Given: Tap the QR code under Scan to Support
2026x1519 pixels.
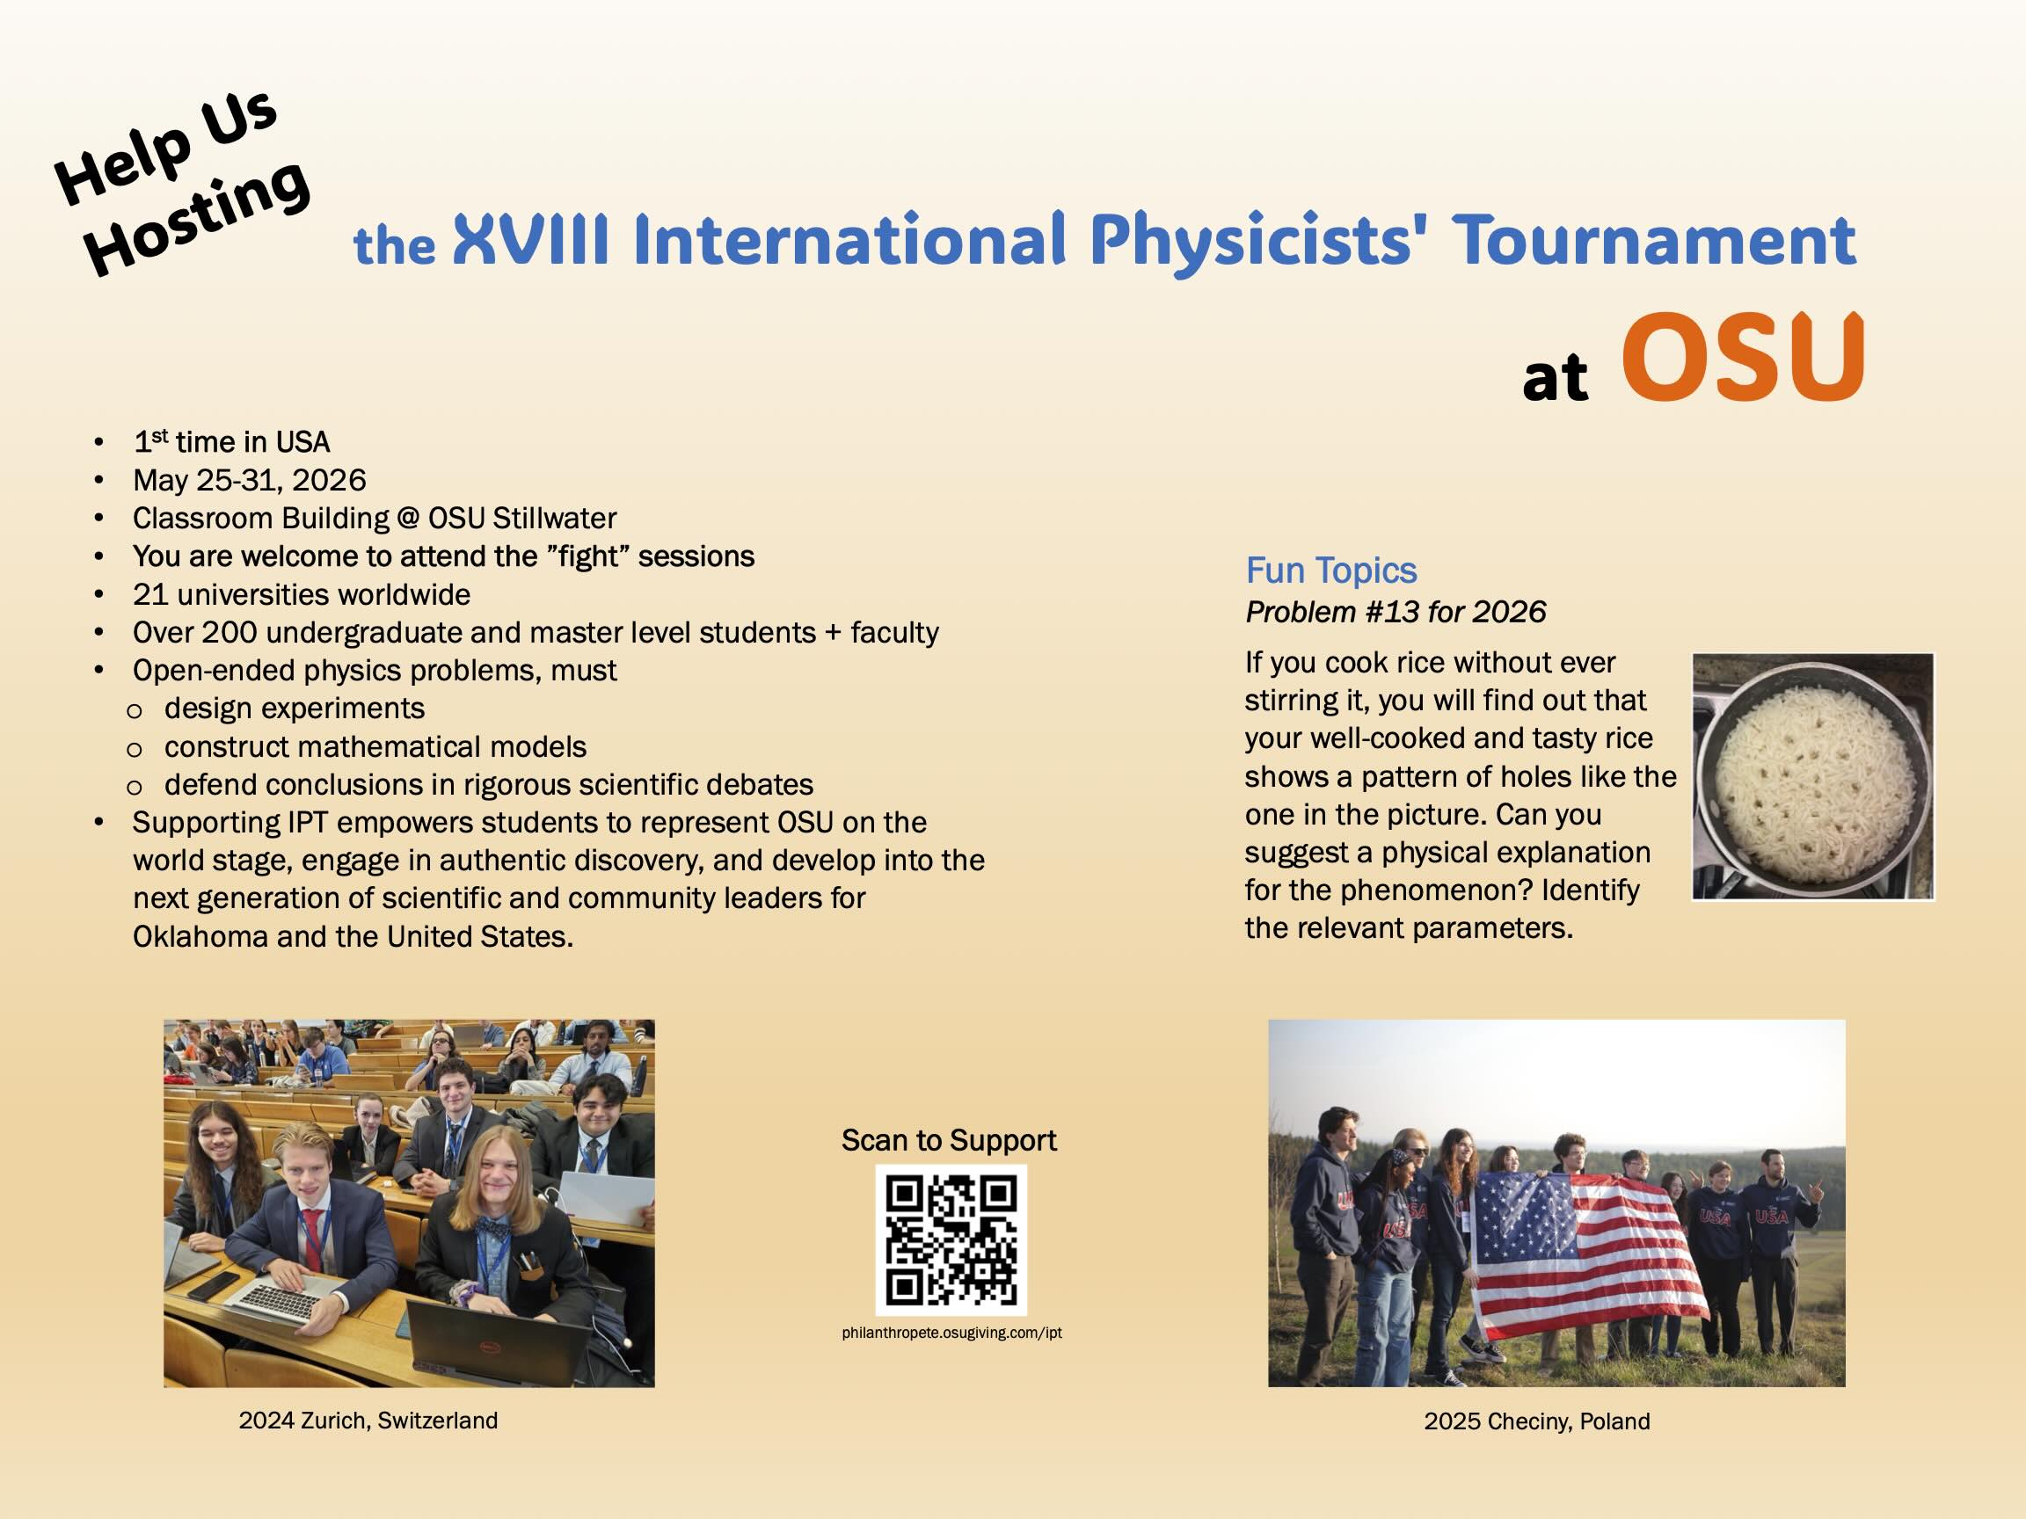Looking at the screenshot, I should pyautogui.click(x=951, y=1239).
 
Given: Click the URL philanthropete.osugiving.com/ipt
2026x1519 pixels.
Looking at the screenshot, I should pyautogui.click(x=951, y=1334).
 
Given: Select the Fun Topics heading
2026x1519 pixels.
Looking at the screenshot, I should pyautogui.click(x=1330, y=571).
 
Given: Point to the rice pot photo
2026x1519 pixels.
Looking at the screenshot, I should pyautogui.click(x=1811, y=776).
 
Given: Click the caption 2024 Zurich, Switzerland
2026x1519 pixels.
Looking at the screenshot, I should pyautogui.click(x=368, y=1421).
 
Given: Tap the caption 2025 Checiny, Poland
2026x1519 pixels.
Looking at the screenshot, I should pyautogui.click(x=1536, y=1421).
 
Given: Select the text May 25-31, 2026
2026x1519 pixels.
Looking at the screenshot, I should pyautogui.click(x=249, y=480).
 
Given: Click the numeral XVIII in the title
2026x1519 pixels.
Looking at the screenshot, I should pyautogui.click(x=531, y=240).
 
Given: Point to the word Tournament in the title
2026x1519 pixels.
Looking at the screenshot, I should pyautogui.click(x=1654, y=240).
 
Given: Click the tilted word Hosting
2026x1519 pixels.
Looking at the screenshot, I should pyautogui.click(x=197, y=220).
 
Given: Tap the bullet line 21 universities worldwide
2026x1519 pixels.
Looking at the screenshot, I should pyautogui.click(x=302, y=594).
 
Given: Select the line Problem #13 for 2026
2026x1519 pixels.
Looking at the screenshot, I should pyautogui.click(x=1395, y=612).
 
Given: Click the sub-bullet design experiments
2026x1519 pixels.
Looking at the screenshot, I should pyautogui.click(x=294, y=708).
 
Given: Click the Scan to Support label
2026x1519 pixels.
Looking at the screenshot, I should pyautogui.click(x=948, y=1140).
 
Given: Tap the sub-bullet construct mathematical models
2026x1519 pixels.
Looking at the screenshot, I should pyautogui.click(x=375, y=746).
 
